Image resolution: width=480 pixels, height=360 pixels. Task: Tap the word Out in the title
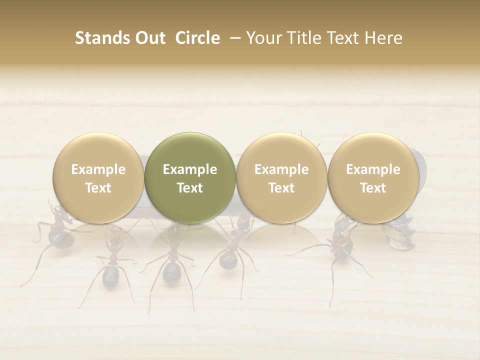(x=149, y=38)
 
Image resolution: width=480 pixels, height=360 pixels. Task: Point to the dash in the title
(x=232, y=38)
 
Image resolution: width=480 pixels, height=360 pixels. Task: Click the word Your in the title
(x=262, y=38)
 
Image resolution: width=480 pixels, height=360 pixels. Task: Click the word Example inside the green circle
(x=190, y=169)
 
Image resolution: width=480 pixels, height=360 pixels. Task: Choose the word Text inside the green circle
(x=190, y=188)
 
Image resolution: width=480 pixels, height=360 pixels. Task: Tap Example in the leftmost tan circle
(x=98, y=169)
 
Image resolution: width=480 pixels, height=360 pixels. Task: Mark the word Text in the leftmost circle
(x=98, y=188)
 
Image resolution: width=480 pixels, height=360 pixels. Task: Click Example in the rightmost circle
(x=373, y=169)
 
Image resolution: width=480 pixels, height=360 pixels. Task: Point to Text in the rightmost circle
(x=373, y=188)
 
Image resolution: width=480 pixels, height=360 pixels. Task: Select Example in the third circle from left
(x=281, y=169)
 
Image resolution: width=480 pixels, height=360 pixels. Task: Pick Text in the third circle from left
(x=281, y=188)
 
